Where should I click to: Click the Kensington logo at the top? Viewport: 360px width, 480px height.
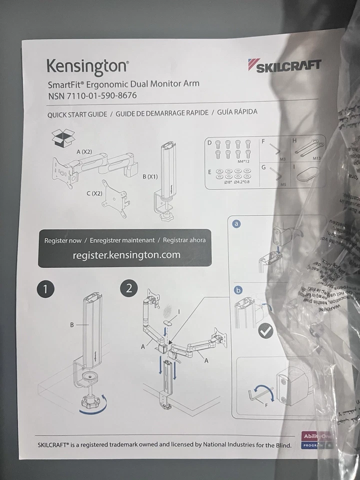tap(87, 66)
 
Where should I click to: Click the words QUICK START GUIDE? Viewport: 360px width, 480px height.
tap(77, 114)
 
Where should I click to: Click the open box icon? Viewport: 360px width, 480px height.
tap(62, 138)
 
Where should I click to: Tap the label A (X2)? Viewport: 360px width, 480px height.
tap(84, 151)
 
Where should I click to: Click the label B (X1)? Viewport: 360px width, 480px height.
tap(150, 176)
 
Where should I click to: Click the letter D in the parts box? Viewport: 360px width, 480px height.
tap(209, 143)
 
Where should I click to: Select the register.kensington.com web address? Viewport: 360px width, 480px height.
tap(126, 255)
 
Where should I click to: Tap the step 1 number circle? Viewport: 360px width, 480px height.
tap(45, 288)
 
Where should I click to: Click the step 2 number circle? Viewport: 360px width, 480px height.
tap(129, 288)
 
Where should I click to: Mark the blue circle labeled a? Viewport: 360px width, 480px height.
tap(237, 224)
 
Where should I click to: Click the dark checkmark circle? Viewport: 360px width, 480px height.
tap(265, 331)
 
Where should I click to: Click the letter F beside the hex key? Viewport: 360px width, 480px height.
tap(266, 405)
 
